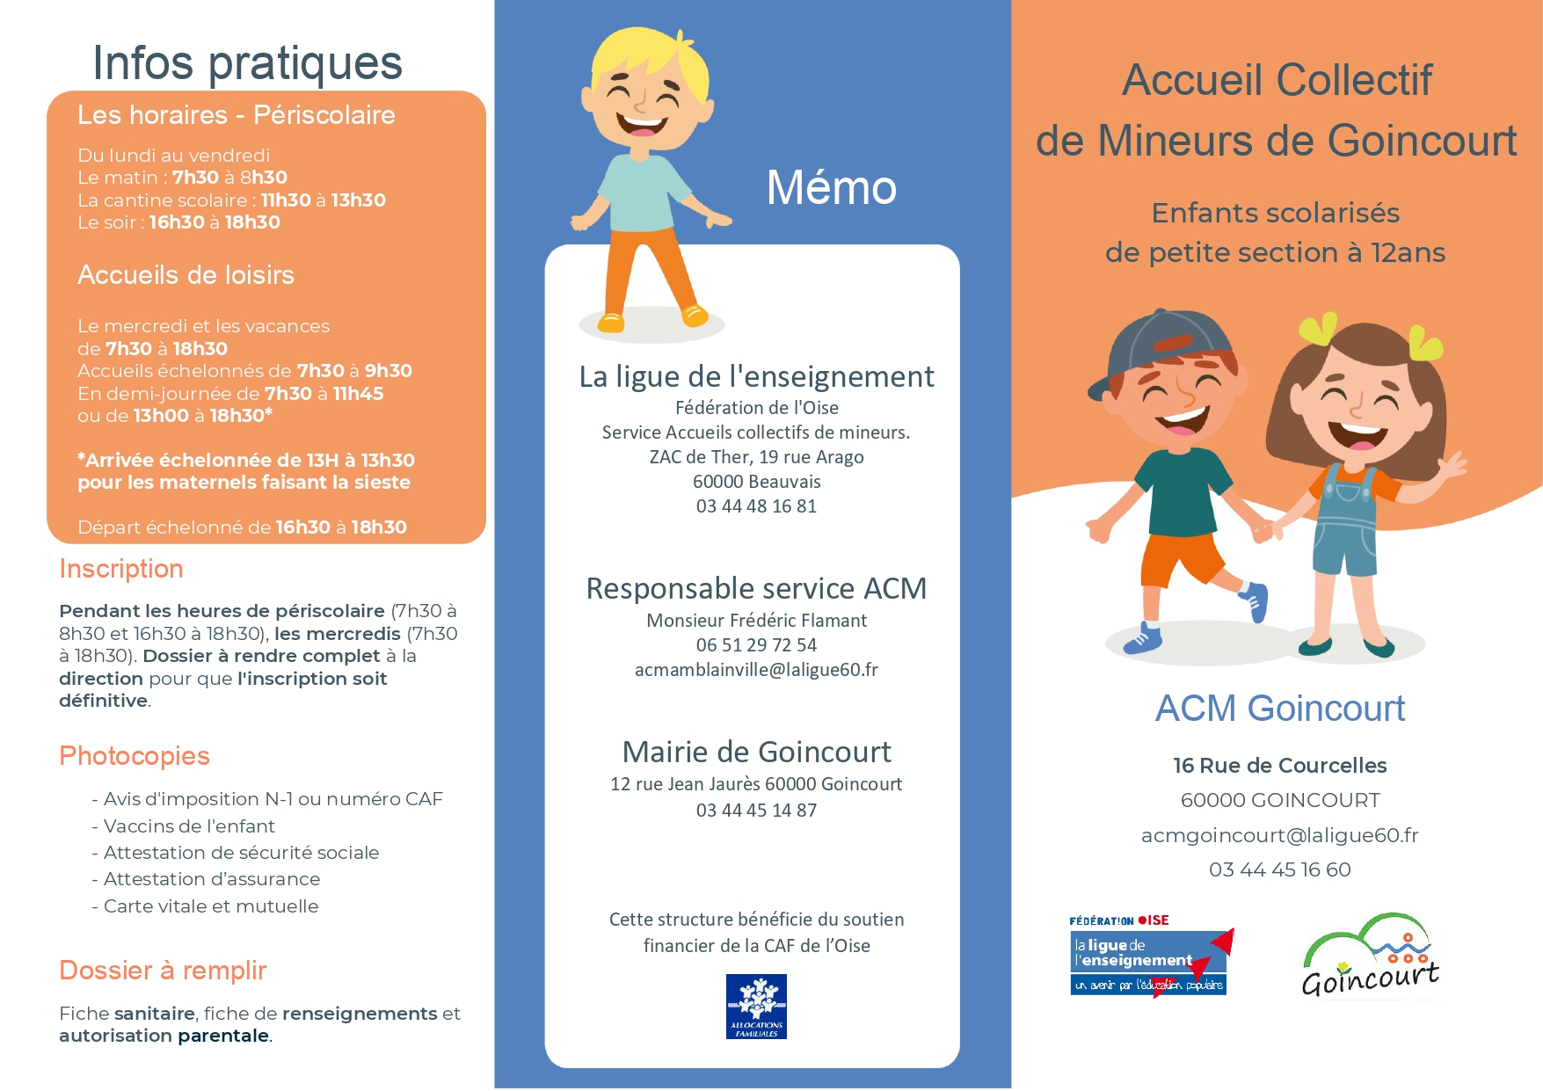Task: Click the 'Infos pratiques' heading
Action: click(x=247, y=63)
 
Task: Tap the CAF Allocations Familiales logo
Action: click(x=756, y=1006)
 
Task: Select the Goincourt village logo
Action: click(x=1370, y=956)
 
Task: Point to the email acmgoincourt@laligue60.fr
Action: click(x=1279, y=835)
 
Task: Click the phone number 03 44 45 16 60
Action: click(x=1279, y=869)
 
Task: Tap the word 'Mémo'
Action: click(x=831, y=188)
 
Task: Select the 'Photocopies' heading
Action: click(x=135, y=756)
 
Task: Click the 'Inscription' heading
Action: click(x=121, y=569)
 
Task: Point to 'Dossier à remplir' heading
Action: click(x=163, y=971)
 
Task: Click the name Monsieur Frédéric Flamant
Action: click(x=756, y=621)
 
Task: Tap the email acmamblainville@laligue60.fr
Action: click(x=756, y=670)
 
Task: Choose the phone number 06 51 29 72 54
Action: click(x=756, y=645)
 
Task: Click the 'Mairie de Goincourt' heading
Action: click(x=756, y=753)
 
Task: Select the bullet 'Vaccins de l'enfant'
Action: click(x=189, y=826)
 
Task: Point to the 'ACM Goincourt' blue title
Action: click(x=1279, y=709)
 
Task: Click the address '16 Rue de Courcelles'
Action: click(x=1279, y=766)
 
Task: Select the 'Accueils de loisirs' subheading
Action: click(x=186, y=275)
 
